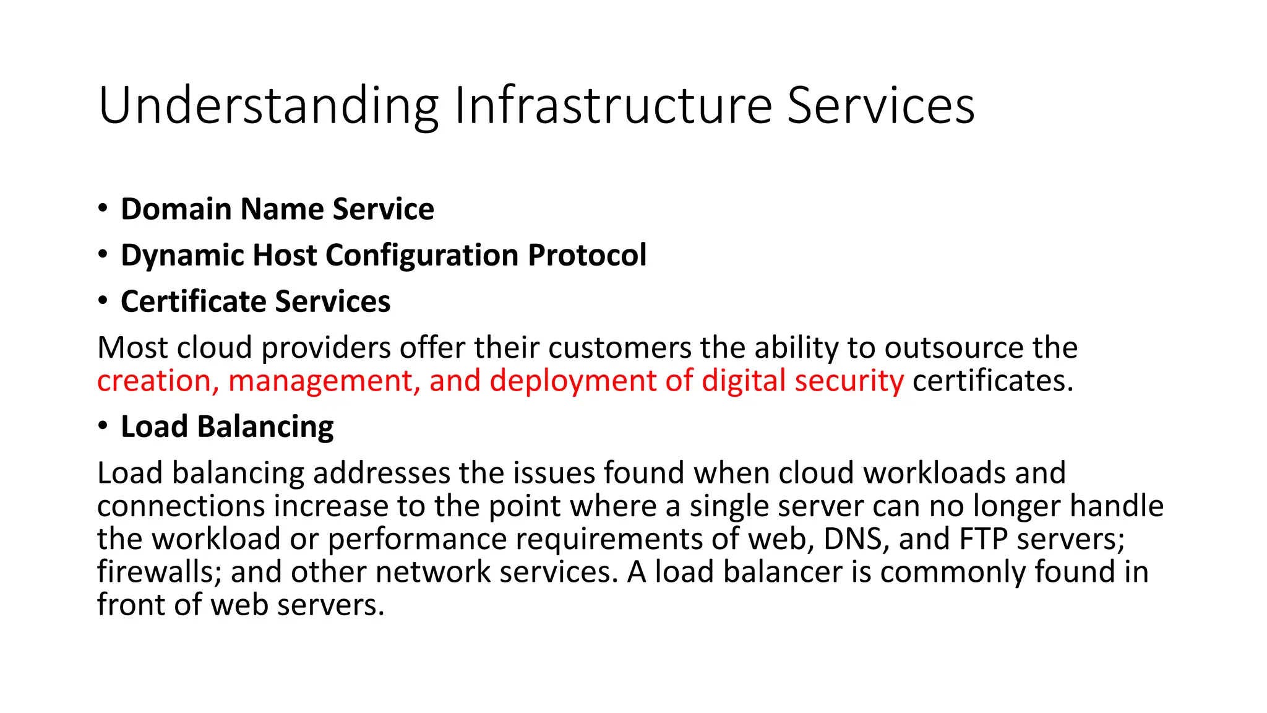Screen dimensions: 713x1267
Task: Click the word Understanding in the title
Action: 267,106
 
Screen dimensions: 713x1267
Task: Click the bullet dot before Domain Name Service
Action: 103,208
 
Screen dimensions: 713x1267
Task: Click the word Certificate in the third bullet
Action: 193,302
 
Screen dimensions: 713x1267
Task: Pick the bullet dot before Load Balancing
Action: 103,426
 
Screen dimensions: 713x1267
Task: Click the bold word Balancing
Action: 265,428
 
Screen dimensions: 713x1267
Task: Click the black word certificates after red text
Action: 992,381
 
